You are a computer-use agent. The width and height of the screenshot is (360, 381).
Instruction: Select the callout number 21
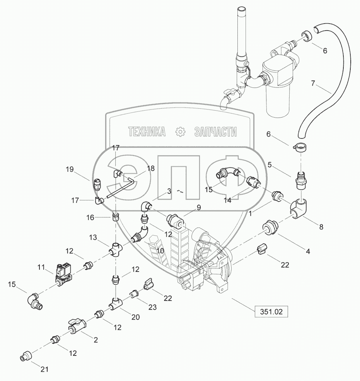[x=45, y=369]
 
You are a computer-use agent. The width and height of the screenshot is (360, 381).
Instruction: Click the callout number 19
[x=69, y=169]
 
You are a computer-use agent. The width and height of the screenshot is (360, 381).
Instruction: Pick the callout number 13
[x=94, y=237]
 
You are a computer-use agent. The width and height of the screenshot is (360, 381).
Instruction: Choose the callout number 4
[x=308, y=251]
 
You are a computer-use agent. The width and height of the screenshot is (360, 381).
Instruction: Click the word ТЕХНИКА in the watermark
[x=147, y=132]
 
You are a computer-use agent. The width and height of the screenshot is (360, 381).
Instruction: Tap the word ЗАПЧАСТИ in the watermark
[x=216, y=132]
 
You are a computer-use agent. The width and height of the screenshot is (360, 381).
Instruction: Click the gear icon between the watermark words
[x=180, y=132]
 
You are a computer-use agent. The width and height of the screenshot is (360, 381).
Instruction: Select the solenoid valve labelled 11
[x=63, y=273]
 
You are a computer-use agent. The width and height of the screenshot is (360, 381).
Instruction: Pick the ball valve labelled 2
[x=77, y=326]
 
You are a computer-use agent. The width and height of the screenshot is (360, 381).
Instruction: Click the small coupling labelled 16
[x=116, y=216]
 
